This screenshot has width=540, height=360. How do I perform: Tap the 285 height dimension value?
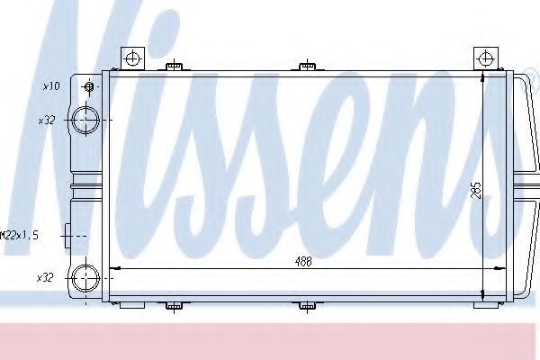477,190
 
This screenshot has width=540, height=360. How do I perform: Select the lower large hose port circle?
85,277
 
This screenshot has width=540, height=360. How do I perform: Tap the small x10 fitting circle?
89,86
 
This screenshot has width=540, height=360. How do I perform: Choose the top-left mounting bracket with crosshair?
133,58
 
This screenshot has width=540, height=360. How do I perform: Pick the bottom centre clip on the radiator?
307,306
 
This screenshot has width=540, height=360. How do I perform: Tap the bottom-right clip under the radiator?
477,306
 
